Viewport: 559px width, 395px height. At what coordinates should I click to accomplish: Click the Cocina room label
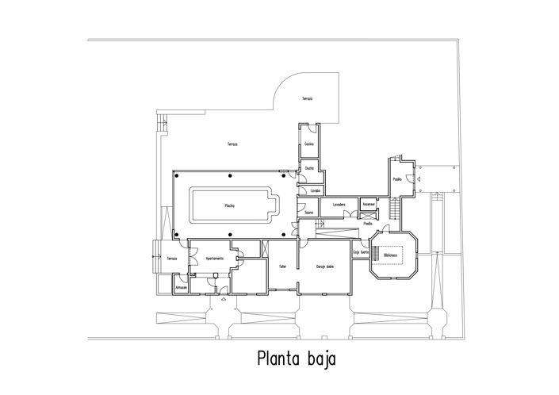[309, 144]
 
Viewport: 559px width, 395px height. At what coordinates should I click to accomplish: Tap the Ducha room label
[309, 168]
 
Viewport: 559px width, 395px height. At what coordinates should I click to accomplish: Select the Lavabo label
[315, 190]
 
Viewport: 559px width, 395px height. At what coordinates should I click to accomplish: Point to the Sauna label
[308, 212]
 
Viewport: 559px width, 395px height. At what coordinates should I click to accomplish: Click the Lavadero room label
[339, 205]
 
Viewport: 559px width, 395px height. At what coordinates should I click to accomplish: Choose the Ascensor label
[368, 204]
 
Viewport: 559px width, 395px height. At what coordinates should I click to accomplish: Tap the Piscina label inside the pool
[229, 205]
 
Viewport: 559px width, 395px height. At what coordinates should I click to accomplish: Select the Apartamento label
[216, 259]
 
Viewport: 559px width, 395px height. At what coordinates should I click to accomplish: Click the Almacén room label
[181, 288]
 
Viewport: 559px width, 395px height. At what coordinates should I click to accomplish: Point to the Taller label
[281, 267]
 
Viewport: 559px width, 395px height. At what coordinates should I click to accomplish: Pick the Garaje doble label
[324, 267]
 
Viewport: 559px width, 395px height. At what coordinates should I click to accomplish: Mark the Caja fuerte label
[362, 252]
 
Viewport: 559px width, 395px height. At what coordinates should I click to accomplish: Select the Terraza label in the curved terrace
[306, 98]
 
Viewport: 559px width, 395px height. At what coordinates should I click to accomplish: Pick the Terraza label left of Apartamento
[170, 259]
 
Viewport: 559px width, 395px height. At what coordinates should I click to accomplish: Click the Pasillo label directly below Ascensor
[368, 224]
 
